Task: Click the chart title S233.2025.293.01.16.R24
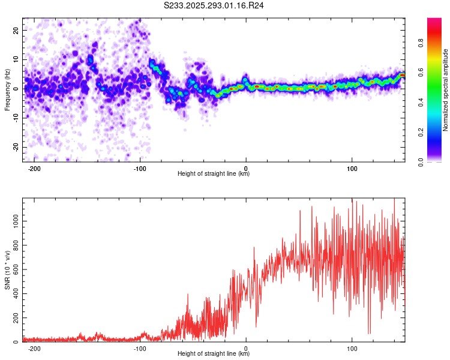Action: (x=214, y=5)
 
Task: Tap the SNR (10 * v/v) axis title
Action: (x=8, y=271)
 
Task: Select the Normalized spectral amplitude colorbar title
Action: (x=446, y=90)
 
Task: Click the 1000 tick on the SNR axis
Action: (x=13, y=221)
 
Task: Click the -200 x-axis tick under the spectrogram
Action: (x=34, y=167)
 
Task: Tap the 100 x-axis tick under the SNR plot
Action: (x=352, y=348)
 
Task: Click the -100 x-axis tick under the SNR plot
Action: (x=140, y=348)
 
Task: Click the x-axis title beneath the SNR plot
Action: (x=214, y=355)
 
